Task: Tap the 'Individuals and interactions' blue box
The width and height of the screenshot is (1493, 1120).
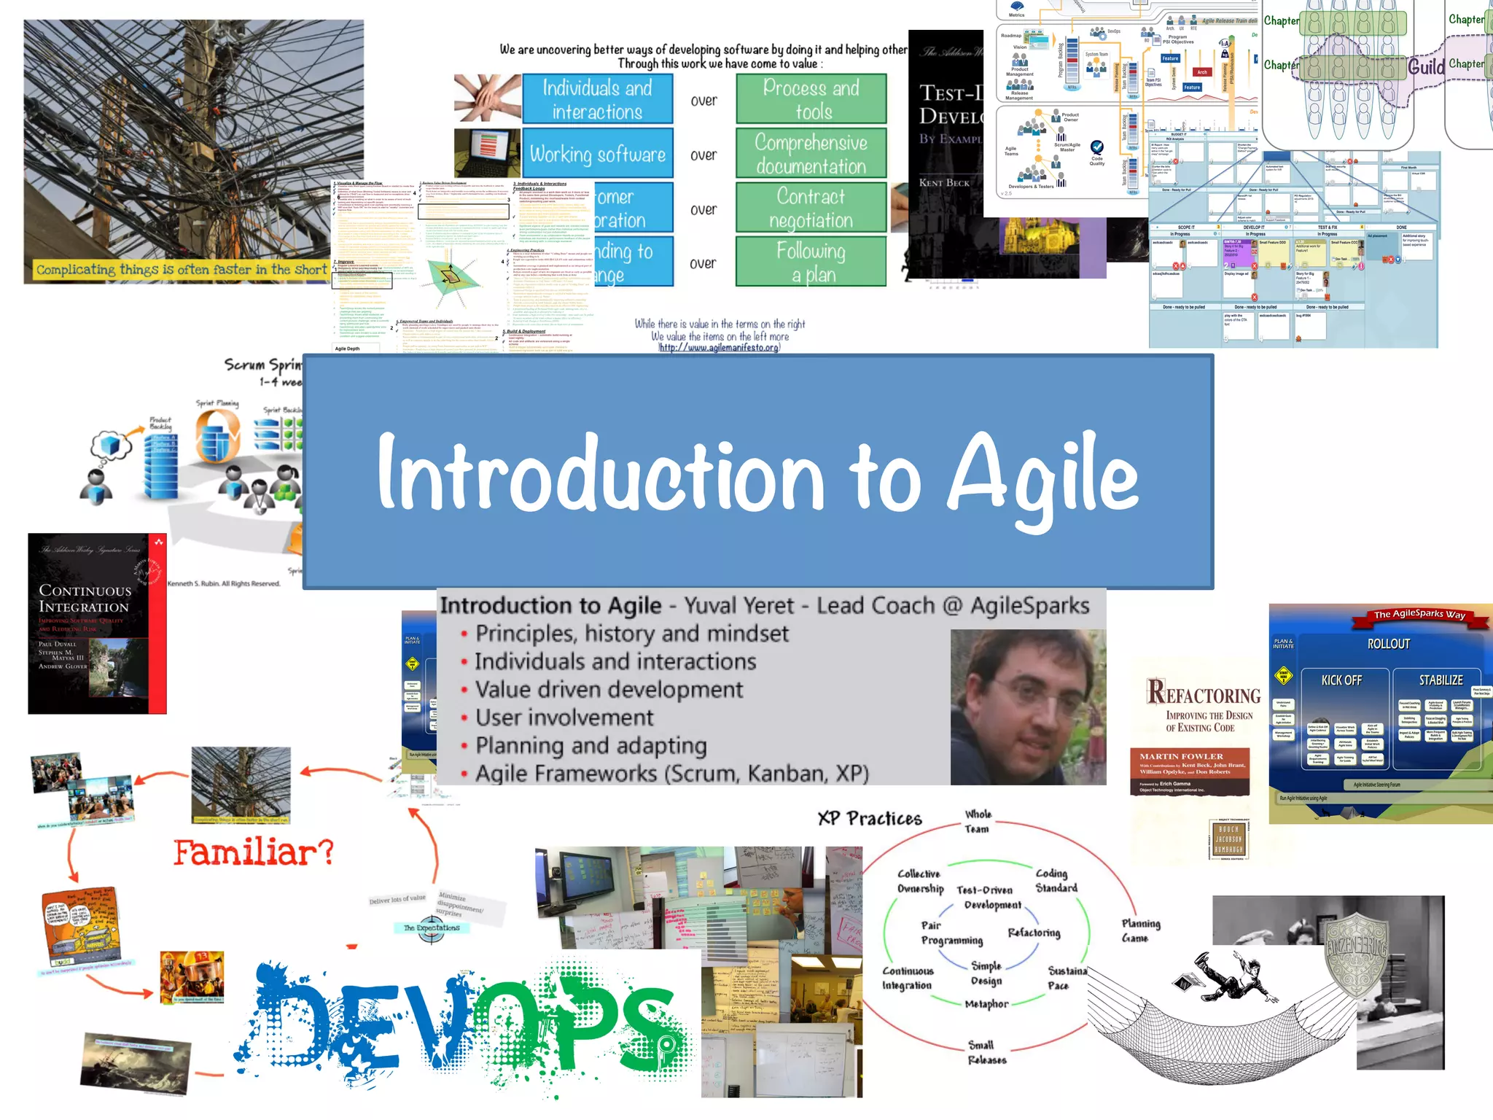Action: [x=597, y=99]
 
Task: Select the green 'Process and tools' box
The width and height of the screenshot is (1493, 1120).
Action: [x=811, y=99]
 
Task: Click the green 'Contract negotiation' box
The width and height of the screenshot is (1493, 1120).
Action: [x=811, y=208]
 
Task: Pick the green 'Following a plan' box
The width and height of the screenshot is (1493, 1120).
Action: [x=811, y=262]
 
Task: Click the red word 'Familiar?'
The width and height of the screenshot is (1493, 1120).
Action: [x=253, y=852]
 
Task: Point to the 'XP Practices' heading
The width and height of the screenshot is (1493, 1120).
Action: [x=869, y=818]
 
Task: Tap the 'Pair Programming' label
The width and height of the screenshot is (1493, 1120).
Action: [x=951, y=933]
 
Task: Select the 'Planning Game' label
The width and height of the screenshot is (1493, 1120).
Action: [x=1140, y=930]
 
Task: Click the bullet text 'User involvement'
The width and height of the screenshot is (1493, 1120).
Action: [x=564, y=717]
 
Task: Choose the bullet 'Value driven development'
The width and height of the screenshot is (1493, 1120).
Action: [x=609, y=690]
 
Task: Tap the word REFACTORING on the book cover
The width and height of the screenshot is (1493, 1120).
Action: [x=1203, y=693]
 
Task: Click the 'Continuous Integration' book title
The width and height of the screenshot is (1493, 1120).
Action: [x=85, y=599]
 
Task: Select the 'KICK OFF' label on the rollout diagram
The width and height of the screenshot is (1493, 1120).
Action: [x=1341, y=680]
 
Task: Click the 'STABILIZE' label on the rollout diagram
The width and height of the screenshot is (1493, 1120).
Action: [x=1440, y=680]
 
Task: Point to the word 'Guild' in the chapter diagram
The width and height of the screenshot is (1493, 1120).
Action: [x=1426, y=68]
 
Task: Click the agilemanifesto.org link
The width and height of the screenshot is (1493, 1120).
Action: [x=719, y=348]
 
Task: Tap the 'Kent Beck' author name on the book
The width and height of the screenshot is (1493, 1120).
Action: [x=944, y=182]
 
